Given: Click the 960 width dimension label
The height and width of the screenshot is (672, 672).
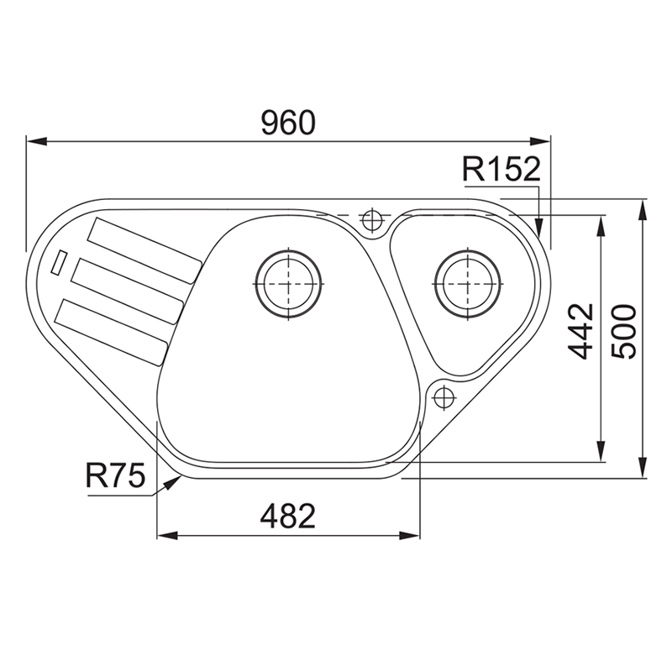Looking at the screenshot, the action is [288, 123].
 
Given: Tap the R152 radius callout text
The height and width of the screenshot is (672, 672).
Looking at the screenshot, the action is [501, 169].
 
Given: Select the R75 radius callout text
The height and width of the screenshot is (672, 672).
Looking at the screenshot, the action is [115, 475].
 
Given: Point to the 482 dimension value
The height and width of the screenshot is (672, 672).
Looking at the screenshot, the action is [287, 516].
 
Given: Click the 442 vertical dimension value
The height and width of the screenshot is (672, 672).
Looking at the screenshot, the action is [580, 331].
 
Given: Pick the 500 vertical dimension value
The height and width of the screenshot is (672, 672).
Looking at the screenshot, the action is [623, 331].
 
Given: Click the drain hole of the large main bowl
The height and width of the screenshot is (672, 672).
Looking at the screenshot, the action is [289, 284].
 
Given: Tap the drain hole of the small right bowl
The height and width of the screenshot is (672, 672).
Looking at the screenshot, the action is [469, 284].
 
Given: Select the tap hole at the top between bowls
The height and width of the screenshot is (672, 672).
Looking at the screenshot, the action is [372, 221].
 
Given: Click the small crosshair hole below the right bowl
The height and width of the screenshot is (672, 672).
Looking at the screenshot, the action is [444, 397].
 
